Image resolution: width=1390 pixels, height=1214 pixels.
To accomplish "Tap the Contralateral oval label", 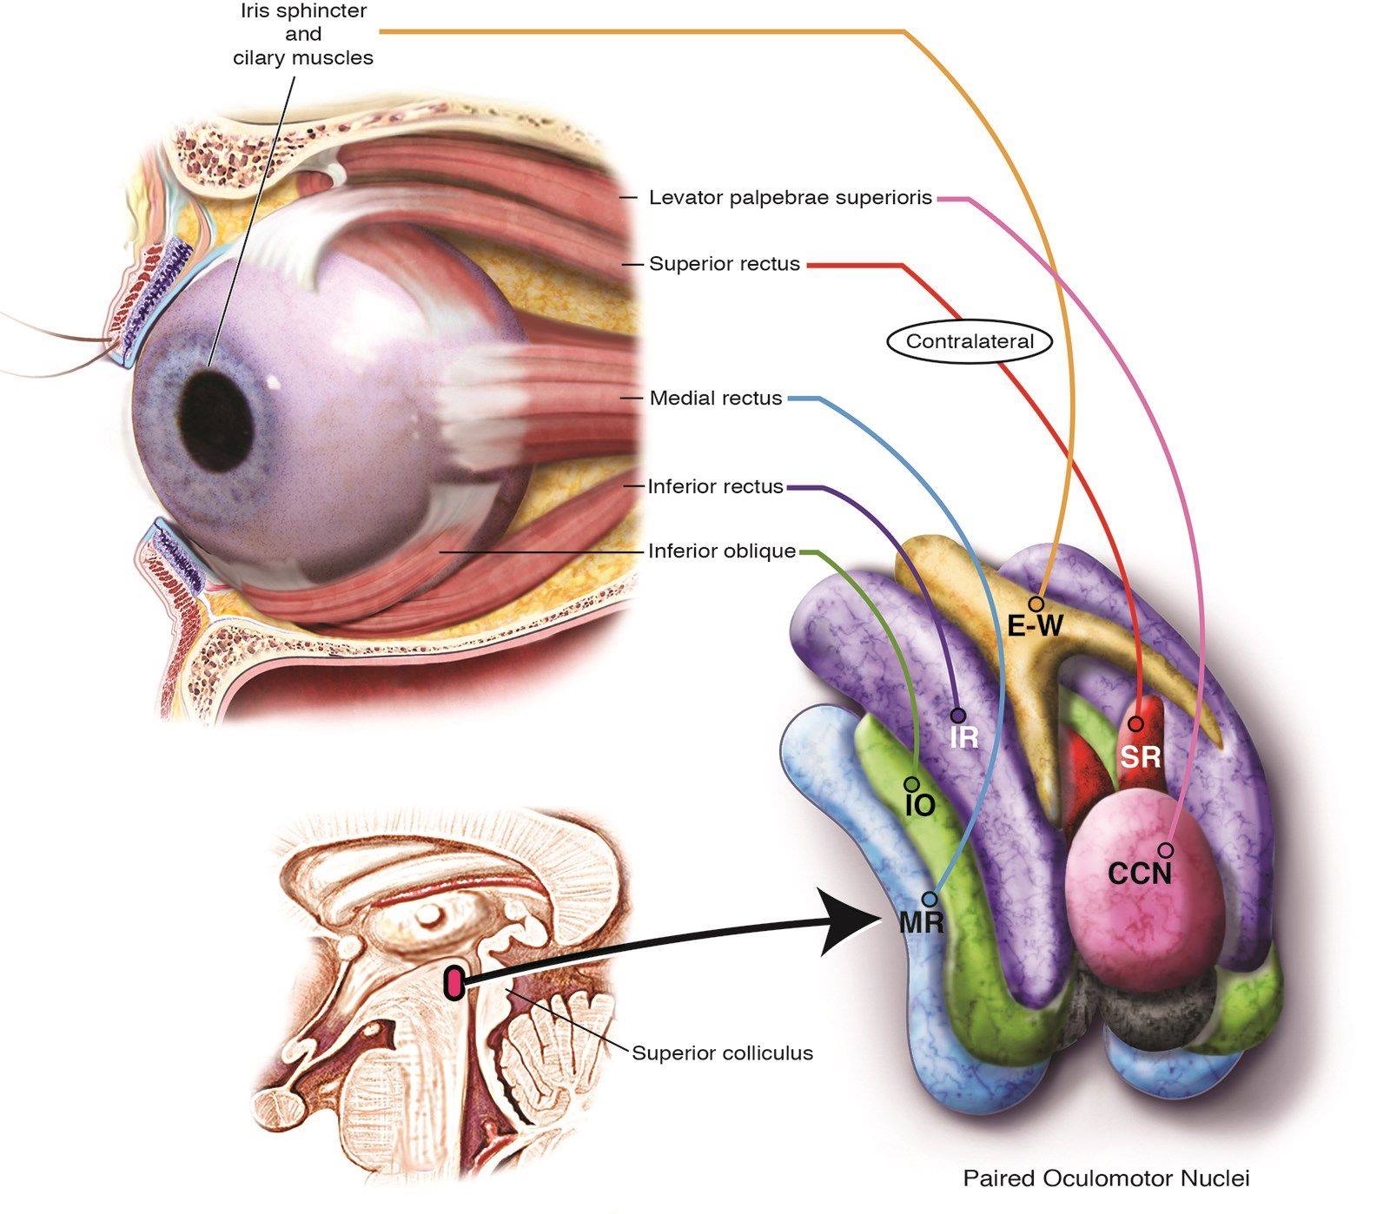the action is pyautogui.click(x=970, y=341).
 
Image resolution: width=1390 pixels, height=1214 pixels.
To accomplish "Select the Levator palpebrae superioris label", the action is pyautogui.click(x=791, y=198).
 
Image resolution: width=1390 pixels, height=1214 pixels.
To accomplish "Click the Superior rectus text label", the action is pyautogui.click(x=725, y=264).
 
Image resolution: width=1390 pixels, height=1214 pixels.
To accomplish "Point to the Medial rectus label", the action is pyautogui.click(x=716, y=399).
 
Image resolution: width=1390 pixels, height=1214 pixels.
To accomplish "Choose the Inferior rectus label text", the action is pyautogui.click(x=716, y=486).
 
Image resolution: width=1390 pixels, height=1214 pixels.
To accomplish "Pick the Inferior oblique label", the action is pyautogui.click(x=722, y=551).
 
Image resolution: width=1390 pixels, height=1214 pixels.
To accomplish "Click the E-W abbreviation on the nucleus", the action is pyautogui.click(x=1035, y=625).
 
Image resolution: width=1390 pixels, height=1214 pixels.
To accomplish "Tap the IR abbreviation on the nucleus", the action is pyautogui.click(x=964, y=738).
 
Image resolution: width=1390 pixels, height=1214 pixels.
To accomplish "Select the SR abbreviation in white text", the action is pyautogui.click(x=1140, y=757).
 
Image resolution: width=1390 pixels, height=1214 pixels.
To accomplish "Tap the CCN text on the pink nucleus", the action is pyautogui.click(x=1140, y=873).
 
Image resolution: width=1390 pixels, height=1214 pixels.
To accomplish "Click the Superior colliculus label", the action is pyautogui.click(x=723, y=1053).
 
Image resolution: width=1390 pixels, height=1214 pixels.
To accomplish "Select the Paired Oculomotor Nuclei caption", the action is pyautogui.click(x=1106, y=1179).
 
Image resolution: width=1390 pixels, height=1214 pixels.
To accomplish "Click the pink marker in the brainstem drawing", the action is pyautogui.click(x=453, y=982).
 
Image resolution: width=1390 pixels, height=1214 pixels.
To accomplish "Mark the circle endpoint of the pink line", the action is pyautogui.click(x=1166, y=849).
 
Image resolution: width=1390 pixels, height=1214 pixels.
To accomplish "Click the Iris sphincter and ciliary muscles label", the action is pyautogui.click(x=303, y=35).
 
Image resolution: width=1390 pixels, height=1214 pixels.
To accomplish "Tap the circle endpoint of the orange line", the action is pyautogui.click(x=1035, y=604).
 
